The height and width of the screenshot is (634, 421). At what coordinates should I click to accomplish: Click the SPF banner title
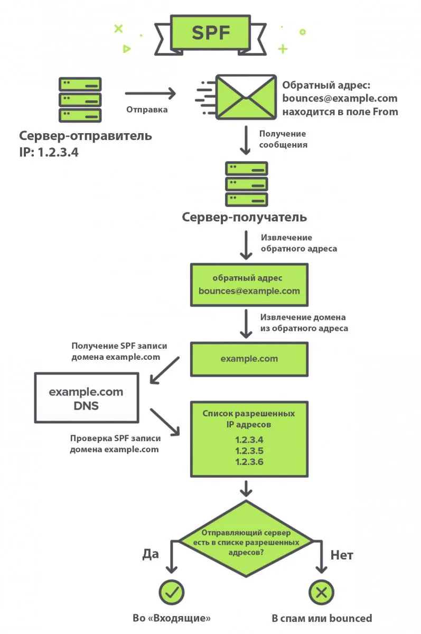(x=211, y=33)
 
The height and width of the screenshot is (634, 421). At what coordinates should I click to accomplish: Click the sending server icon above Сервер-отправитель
(x=80, y=99)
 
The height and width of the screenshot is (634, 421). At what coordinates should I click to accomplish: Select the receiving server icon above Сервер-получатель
(x=246, y=184)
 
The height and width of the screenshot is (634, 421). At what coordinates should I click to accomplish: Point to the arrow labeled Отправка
(x=150, y=95)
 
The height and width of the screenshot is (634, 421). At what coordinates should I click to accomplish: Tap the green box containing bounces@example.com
(x=249, y=284)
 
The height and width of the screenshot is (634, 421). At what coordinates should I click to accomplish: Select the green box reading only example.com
(x=249, y=359)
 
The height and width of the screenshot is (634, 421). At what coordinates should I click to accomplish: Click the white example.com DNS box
(x=86, y=398)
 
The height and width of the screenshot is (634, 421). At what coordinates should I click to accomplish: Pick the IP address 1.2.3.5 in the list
(x=249, y=451)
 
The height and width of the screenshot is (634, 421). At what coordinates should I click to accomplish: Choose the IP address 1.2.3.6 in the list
(x=249, y=462)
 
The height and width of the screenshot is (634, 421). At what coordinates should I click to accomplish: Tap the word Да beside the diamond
(x=151, y=554)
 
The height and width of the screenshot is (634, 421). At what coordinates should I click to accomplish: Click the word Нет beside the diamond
(x=342, y=555)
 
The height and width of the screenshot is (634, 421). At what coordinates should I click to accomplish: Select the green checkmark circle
(x=171, y=593)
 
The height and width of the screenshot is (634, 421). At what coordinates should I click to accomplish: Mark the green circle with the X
(x=321, y=593)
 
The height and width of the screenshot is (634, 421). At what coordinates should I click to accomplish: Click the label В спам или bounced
(x=322, y=618)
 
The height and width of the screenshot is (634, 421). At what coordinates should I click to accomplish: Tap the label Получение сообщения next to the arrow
(x=283, y=139)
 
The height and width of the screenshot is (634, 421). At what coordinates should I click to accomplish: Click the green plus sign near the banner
(x=283, y=49)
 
